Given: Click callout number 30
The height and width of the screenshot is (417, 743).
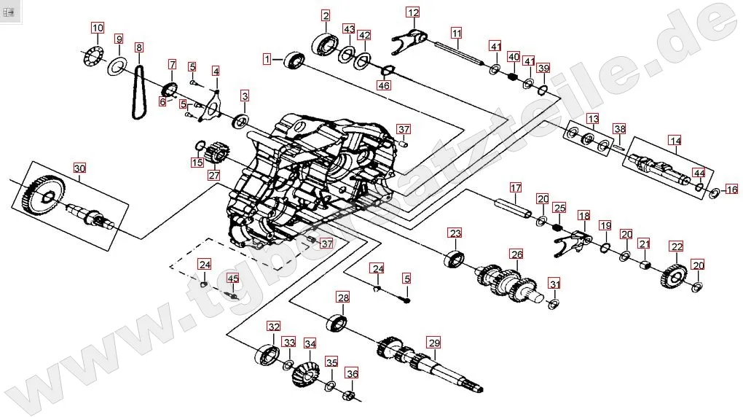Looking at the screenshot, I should tap(79, 168).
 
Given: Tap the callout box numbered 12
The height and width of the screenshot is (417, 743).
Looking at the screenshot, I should tap(413, 12).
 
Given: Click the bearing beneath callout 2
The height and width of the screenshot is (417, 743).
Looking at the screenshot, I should tap(324, 42).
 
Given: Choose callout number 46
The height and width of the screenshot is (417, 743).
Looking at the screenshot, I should tap(384, 85).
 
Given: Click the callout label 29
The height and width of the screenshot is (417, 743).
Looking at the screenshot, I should tap(434, 343).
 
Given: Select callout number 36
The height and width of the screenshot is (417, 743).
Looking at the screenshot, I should tap(353, 374).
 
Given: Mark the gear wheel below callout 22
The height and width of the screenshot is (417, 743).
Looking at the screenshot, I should tap(675, 277).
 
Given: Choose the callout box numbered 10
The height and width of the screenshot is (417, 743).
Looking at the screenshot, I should tap(98, 28).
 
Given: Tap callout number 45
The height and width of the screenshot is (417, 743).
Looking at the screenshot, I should tap(232, 278).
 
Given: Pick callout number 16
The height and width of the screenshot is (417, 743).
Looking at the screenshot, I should tap(731, 190).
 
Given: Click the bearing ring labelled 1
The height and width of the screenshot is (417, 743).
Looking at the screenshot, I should tap(294, 60).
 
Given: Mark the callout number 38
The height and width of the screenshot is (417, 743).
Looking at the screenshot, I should tap(619, 129).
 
